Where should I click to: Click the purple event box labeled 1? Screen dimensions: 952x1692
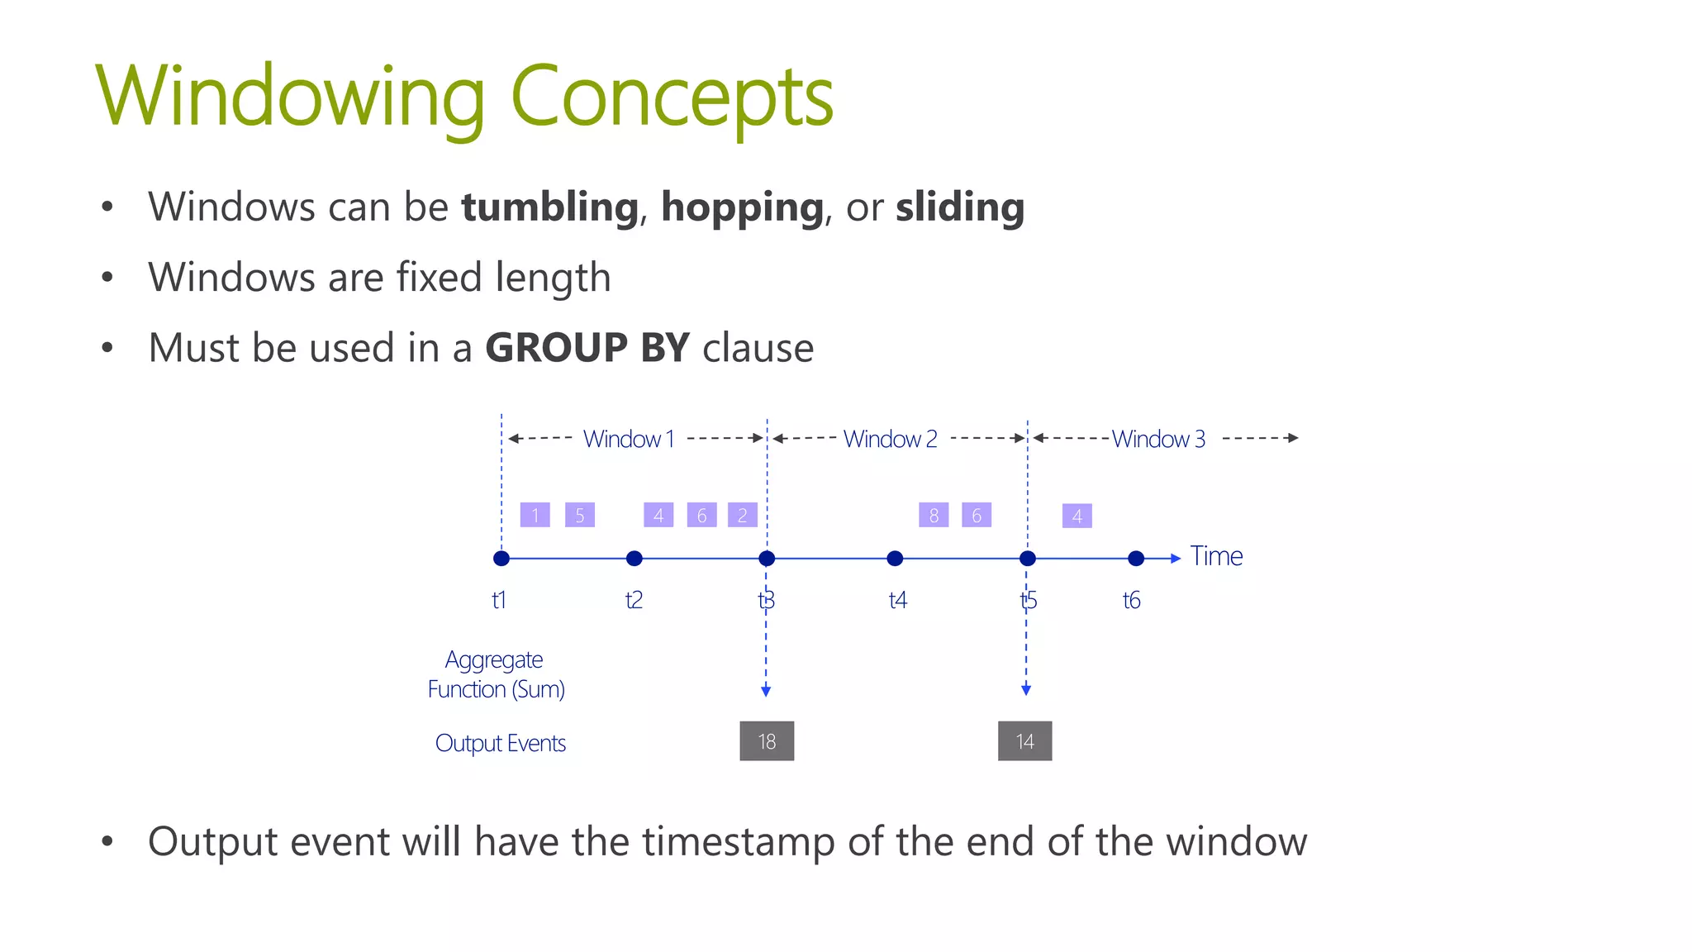(535, 515)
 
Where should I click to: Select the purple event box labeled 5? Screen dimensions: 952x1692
(580, 515)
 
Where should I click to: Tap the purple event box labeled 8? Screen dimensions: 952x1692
(934, 515)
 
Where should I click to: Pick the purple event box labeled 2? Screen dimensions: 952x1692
(742, 515)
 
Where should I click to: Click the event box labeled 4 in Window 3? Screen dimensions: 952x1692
(1077, 516)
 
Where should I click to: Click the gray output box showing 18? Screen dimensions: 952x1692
(767, 741)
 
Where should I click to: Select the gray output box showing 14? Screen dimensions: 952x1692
(1024, 741)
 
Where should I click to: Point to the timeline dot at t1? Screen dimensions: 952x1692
(501, 559)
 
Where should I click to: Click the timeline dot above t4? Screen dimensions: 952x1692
(895, 559)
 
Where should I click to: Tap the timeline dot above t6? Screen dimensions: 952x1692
(1136, 559)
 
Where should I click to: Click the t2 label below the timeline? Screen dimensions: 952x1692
(634, 600)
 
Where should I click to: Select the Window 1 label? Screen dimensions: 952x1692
(629, 439)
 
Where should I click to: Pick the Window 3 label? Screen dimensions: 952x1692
(1158, 439)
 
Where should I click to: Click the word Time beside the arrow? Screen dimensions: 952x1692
(1216, 556)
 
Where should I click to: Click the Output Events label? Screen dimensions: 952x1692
(501, 743)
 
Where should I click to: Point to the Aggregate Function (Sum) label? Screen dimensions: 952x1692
(496, 674)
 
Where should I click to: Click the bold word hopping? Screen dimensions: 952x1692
(742, 207)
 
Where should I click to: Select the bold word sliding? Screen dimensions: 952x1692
(960, 207)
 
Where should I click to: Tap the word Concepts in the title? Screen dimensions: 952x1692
(672, 97)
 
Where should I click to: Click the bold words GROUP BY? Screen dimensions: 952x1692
(587, 347)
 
